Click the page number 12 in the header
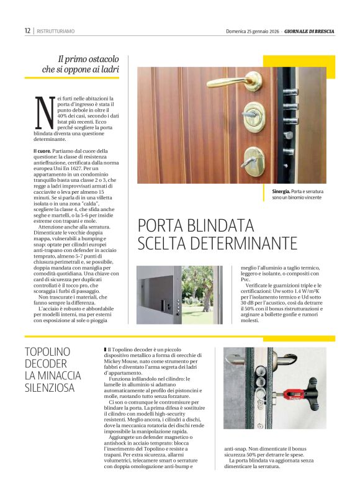point(28,31)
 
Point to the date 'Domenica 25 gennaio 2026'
point(248,31)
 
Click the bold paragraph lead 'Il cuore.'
point(43,151)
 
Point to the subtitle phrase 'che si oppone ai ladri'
point(80,70)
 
